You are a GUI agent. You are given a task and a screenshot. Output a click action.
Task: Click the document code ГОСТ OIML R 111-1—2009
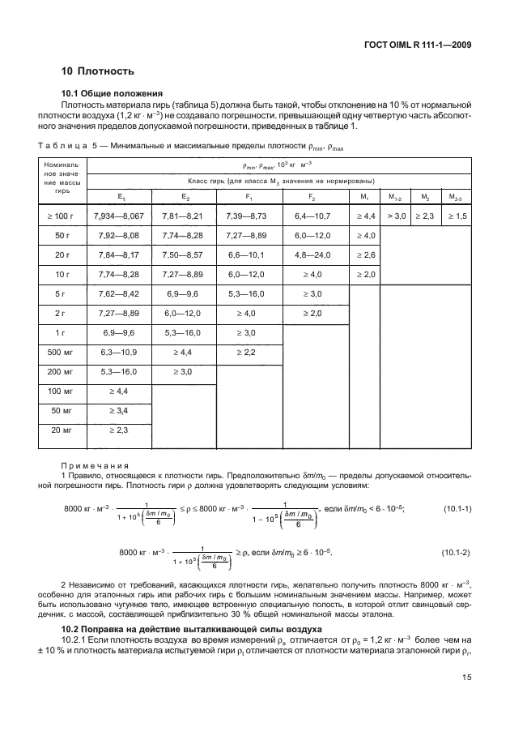click(x=419, y=45)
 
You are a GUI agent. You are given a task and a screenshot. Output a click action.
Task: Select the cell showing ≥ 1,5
click(x=456, y=215)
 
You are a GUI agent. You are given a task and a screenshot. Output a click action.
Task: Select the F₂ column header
click(x=312, y=195)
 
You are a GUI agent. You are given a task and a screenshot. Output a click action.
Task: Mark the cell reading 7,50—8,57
click(x=187, y=254)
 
